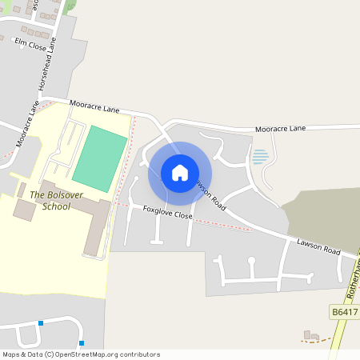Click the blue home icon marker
(180, 172)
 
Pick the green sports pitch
(100, 158)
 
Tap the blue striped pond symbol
(260, 157)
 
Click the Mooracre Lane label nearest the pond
(280, 128)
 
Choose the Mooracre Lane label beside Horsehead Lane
(26, 118)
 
